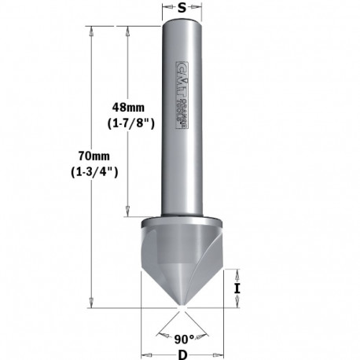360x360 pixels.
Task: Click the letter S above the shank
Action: [182, 9]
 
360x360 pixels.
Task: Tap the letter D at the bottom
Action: [182, 353]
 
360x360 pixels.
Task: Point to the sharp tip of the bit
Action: [182, 307]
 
